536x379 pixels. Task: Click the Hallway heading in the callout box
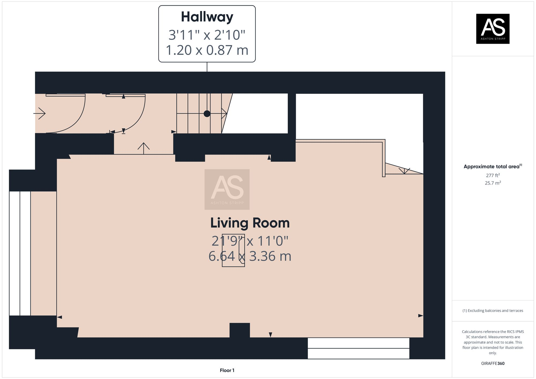207,17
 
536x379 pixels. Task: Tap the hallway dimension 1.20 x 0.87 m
207,50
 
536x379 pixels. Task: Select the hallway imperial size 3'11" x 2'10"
207,35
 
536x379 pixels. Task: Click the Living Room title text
250,223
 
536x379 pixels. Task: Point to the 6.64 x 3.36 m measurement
250,256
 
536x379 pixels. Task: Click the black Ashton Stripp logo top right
493,29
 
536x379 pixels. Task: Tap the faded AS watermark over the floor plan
227,189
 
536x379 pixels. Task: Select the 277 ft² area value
493,175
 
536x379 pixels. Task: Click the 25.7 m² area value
493,183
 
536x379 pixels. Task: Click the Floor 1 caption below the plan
227,370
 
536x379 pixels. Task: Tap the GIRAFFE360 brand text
493,363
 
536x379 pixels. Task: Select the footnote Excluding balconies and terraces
493,311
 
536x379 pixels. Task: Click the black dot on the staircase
207,114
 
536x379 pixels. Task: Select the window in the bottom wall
358,348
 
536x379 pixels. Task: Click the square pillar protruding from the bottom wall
240,330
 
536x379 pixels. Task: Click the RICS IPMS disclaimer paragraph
493,342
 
